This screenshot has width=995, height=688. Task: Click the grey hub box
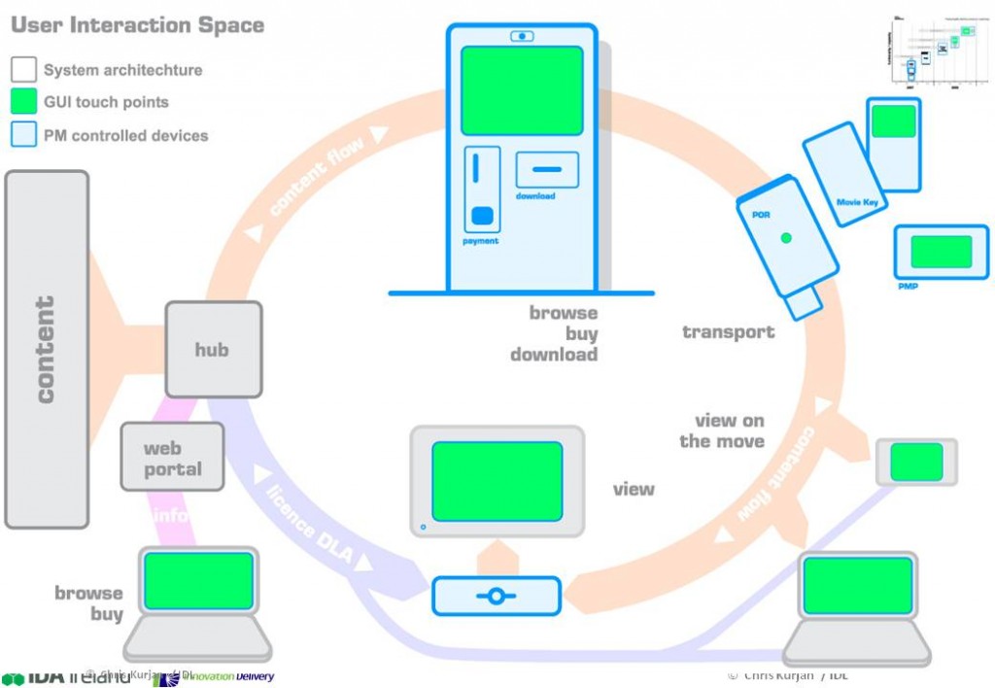point(213,349)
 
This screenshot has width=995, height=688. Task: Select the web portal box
point(172,458)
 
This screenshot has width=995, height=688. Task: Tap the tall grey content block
point(46,350)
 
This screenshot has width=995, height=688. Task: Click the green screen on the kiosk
point(522,90)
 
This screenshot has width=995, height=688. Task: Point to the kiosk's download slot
point(547,169)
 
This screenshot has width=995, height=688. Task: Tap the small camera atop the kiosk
point(522,37)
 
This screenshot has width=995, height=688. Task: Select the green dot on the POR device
point(786,238)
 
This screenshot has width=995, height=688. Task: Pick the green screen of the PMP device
point(941,252)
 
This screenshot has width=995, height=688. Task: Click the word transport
point(728,332)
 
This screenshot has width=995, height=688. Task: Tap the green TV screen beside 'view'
point(497,480)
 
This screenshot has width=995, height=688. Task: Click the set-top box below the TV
point(496,596)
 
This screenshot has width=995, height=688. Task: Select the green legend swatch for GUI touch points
point(23,102)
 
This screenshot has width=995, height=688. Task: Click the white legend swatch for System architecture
point(23,70)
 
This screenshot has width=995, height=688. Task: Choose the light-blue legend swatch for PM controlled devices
point(23,134)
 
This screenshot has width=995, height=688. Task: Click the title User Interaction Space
point(137,25)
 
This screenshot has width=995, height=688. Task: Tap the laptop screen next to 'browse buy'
point(198,581)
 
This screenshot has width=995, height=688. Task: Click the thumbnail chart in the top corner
point(938,53)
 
